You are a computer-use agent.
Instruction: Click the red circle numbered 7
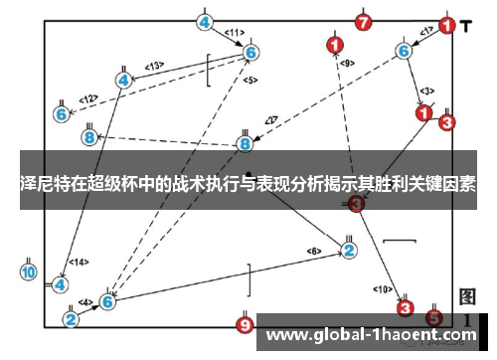click(x=363, y=21)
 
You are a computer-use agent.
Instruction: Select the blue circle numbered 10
click(x=28, y=270)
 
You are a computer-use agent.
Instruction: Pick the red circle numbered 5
click(x=433, y=317)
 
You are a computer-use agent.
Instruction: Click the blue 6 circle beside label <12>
click(x=62, y=114)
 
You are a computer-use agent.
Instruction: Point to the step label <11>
click(x=235, y=33)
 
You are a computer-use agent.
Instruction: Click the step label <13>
click(x=153, y=66)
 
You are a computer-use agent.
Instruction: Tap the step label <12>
click(x=89, y=98)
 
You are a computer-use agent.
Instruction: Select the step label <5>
click(x=249, y=80)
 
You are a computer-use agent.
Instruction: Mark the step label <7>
click(x=270, y=121)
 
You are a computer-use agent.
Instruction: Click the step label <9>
click(x=346, y=63)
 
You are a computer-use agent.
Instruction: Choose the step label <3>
click(x=426, y=90)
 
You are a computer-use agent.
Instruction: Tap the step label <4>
click(x=85, y=301)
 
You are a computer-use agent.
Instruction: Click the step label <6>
click(x=314, y=251)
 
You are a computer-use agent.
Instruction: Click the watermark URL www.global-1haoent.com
click(x=372, y=335)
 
